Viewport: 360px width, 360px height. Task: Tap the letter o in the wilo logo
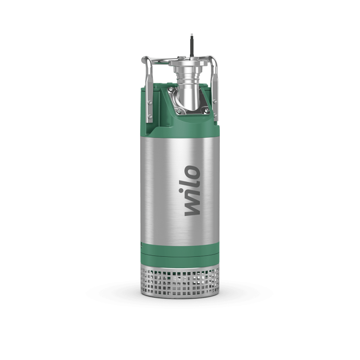(x=192, y=173)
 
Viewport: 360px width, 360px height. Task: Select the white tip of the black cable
(x=192, y=35)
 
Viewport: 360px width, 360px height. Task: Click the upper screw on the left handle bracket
(x=149, y=102)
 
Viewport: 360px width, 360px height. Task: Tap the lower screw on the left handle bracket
(x=150, y=116)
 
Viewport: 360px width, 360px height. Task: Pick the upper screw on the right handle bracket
(x=215, y=101)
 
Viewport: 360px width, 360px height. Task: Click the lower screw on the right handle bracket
(x=215, y=114)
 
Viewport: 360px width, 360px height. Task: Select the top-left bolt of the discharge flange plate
(x=171, y=89)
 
